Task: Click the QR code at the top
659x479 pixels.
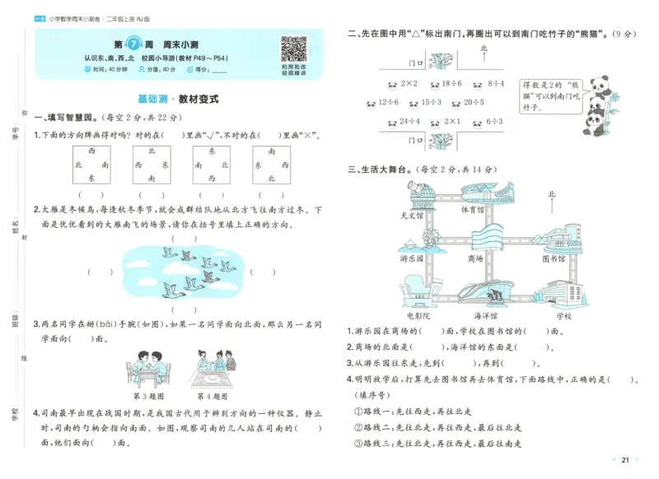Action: coord(293,49)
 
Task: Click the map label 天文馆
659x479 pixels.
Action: coord(410,216)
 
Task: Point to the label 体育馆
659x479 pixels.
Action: coord(472,210)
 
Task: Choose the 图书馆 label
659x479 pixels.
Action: coord(554,258)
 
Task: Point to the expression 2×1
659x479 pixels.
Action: coord(450,123)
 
